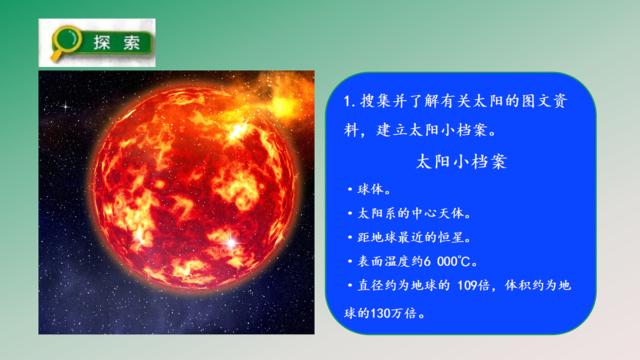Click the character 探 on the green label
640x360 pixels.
tap(102, 43)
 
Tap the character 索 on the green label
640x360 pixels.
tap(131, 43)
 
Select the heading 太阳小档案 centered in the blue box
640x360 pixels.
tap(461, 162)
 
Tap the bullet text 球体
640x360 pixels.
tap(370, 189)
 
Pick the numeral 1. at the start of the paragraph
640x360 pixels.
tap(349, 102)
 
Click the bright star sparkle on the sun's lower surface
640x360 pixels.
tap(231, 243)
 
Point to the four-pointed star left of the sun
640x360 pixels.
tap(66, 106)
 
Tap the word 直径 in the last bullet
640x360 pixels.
tap(370, 286)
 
